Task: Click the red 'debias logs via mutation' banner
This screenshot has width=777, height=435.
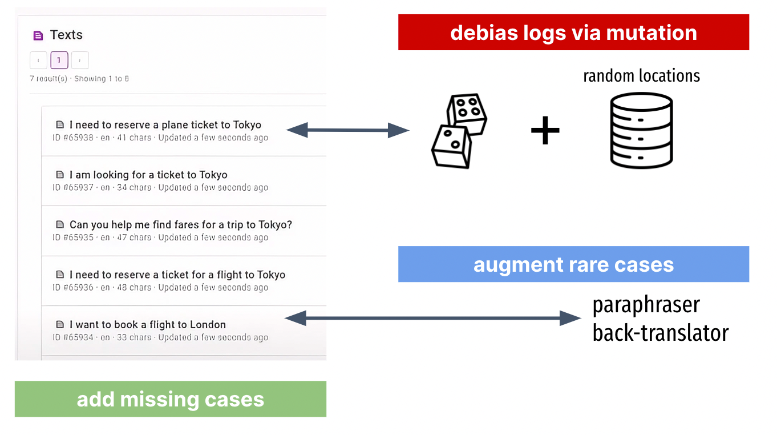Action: tap(573, 33)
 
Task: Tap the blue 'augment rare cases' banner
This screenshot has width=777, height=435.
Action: tap(573, 264)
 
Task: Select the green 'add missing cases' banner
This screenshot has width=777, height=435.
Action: tap(170, 399)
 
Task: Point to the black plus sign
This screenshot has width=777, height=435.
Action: tap(545, 131)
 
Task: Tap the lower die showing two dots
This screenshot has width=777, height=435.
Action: tap(451, 146)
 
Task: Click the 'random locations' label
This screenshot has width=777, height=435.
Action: tap(641, 75)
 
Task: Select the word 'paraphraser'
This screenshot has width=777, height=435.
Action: tap(646, 305)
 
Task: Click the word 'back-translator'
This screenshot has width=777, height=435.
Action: tap(660, 333)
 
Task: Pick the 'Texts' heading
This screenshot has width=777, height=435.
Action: tap(66, 35)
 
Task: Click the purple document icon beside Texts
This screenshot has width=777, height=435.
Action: tap(38, 36)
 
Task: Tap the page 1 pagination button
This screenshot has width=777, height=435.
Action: tap(59, 60)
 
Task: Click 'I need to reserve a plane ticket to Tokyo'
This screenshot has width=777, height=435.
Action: tap(165, 125)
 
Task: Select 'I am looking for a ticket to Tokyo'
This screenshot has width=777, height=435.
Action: tap(148, 175)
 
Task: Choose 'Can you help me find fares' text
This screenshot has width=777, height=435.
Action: tap(180, 225)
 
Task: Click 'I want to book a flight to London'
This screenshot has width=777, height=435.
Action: tap(147, 325)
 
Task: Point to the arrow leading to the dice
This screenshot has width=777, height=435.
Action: tap(347, 131)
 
